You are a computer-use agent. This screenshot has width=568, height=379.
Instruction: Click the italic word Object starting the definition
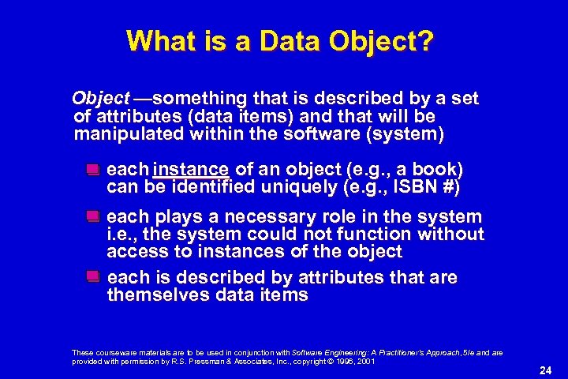pos(100,99)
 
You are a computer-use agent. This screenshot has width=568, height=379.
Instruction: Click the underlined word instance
pos(192,170)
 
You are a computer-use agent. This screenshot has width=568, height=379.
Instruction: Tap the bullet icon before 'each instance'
pos(93,170)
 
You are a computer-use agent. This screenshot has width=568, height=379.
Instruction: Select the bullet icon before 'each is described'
pos(93,277)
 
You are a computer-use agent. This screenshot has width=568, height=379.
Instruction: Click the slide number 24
pos(544,369)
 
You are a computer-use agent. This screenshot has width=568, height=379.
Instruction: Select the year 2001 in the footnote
pos(364,360)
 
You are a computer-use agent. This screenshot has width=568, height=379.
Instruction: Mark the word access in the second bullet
pos(137,252)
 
